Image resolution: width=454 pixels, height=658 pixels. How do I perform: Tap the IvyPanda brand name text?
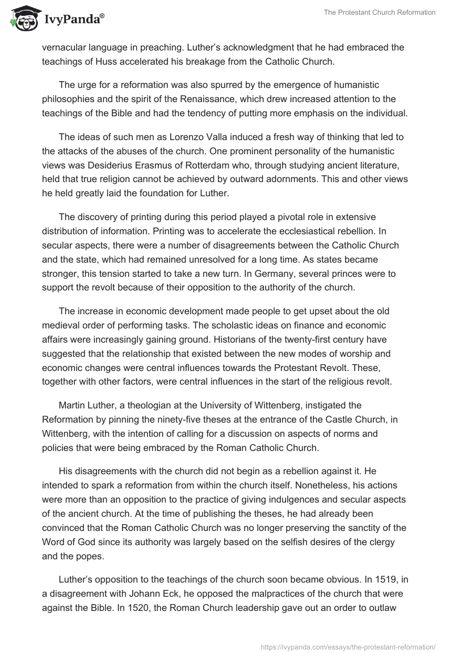[72, 20]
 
